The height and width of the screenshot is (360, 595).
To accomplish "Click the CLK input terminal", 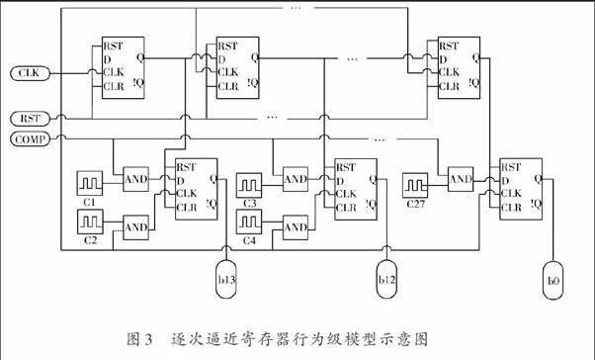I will coord(28,73).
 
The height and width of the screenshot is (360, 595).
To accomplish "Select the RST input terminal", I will coord(28,119).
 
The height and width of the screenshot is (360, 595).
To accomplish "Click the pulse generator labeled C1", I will coord(91,182).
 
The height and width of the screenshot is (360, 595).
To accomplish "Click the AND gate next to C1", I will coord(135,180).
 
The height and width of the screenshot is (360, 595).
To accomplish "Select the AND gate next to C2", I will coord(135,226).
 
